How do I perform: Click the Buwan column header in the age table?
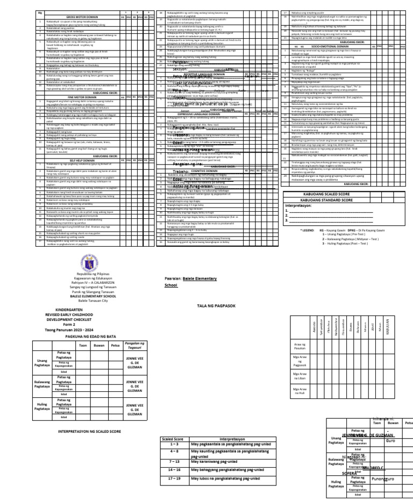click(x=97, y=345)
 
